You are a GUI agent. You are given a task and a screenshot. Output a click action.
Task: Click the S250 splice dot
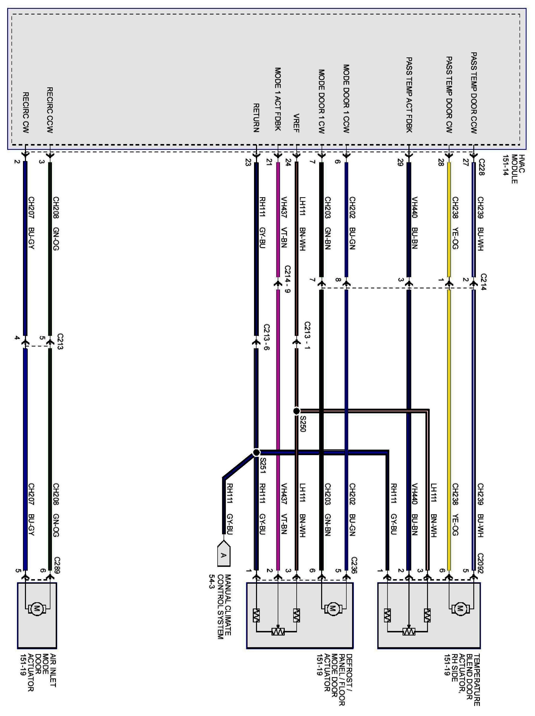point(296,411)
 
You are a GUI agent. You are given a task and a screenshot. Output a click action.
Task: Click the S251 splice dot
point(256,452)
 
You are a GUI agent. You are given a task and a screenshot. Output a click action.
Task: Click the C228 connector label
point(481,167)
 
